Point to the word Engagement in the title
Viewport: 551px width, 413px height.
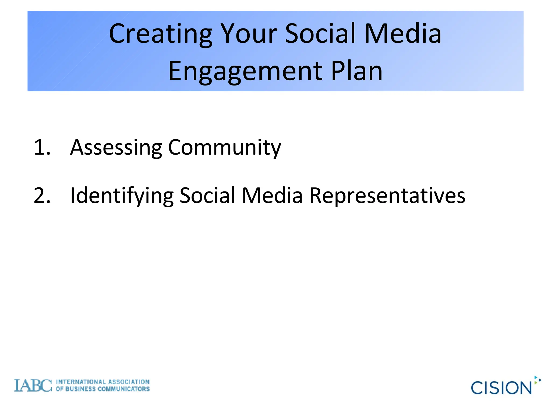245,71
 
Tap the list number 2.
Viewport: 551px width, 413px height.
42,195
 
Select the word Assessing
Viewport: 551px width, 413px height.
116,148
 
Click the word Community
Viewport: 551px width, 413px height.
224,148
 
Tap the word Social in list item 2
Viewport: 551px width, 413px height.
207,195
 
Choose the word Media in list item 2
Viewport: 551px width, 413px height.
272,195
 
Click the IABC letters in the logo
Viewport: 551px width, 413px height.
33,386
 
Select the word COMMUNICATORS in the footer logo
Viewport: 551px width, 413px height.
123,389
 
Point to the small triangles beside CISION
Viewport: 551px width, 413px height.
538,380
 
